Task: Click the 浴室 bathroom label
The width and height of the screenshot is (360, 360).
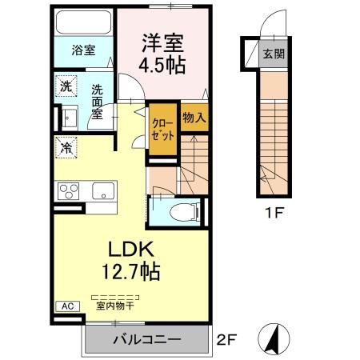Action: pos(84,50)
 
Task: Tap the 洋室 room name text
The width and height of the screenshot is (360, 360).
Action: pos(163,42)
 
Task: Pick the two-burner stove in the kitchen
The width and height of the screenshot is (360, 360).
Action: pos(68,192)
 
